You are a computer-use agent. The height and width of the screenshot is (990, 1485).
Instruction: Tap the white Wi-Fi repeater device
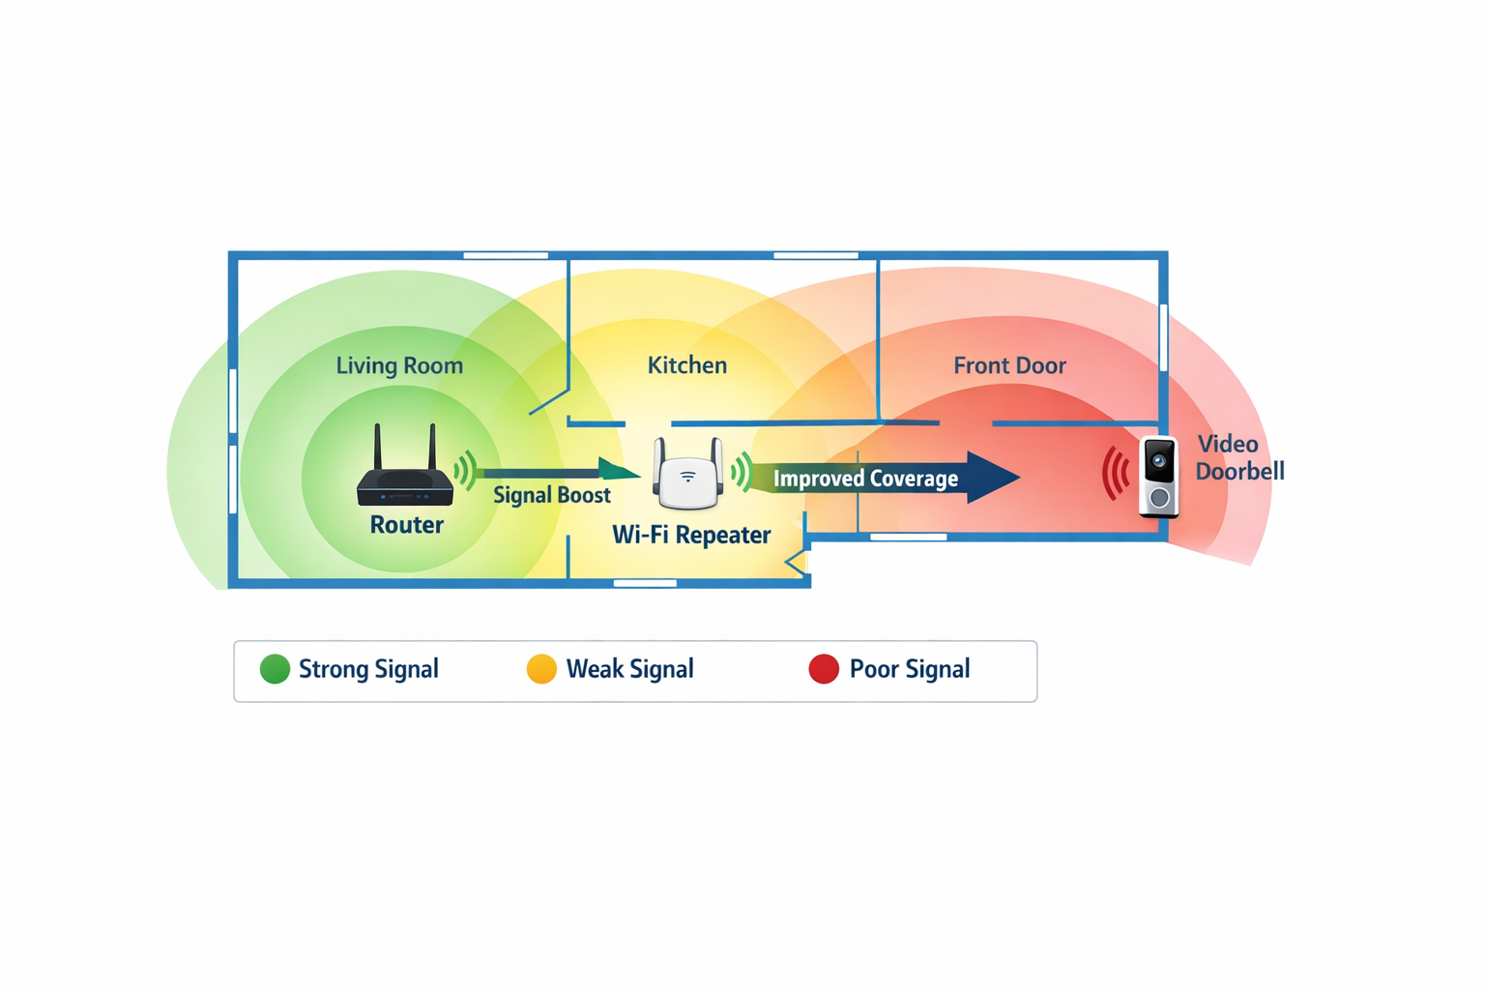tap(687, 477)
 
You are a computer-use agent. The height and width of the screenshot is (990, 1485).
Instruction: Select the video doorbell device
tap(1159, 477)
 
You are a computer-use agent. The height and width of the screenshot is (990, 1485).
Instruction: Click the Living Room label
tap(399, 365)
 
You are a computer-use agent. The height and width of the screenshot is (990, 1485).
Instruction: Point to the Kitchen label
tap(686, 365)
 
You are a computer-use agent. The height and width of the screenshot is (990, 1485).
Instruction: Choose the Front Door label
tap(1009, 365)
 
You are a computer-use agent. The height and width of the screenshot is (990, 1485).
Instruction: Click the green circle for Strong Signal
tap(275, 669)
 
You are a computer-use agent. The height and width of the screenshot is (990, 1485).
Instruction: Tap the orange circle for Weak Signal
tap(541, 669)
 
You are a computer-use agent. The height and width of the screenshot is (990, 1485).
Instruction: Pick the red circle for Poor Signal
tap(824, 669)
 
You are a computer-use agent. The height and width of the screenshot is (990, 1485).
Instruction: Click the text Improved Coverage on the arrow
tap(865, 479)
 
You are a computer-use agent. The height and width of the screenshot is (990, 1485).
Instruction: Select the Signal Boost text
tap(551, 495)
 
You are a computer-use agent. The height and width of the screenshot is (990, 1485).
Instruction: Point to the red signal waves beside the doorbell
tap(1116, 474)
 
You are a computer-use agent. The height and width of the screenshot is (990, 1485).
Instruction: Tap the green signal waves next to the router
tap(466, 470)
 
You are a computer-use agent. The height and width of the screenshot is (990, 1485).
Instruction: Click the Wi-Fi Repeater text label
tap(691, 535)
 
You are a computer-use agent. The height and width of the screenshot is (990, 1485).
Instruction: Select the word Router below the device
tap(406, 525)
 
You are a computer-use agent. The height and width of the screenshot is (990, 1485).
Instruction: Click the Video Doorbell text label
tap(1238, 457)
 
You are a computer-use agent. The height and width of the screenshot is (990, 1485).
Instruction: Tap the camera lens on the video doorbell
tap(1158, 461)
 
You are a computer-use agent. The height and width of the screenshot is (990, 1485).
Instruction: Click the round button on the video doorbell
tap(1159, 498)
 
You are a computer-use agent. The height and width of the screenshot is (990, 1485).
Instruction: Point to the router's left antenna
tap(378, 447)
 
